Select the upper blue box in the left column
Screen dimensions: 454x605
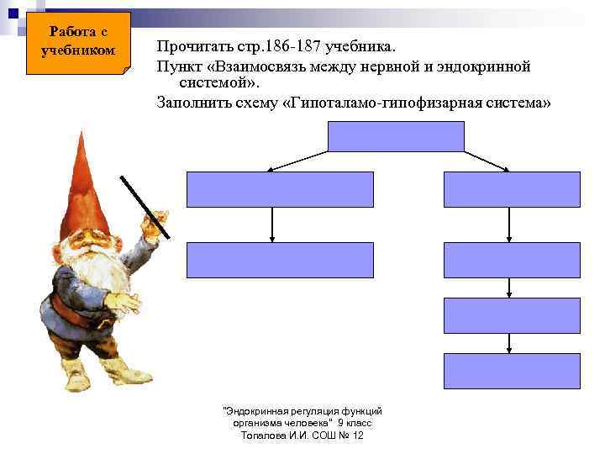coord(279,189)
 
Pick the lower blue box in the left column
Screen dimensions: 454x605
coord(279,260)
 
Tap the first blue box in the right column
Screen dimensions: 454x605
coord(512,189)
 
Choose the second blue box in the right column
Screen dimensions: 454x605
coord(512,260)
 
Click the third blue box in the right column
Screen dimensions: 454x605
coord(512,315)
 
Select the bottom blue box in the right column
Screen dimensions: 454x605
coord(512,370)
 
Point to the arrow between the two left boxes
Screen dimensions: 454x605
coord(272,224)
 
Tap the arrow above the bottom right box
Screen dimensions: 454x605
coord(510,343)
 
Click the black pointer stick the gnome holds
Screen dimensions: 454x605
coord(145,206)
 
